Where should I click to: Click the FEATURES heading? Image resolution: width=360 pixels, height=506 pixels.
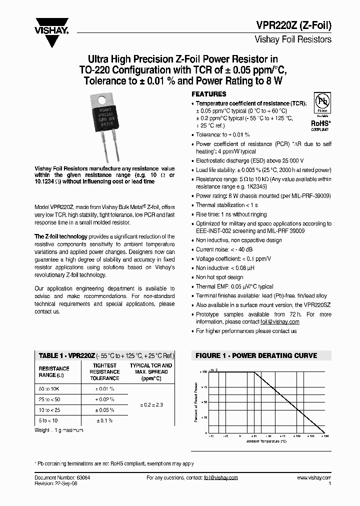pos(209,94)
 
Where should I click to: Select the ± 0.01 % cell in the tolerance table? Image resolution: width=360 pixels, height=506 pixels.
pos(105,388)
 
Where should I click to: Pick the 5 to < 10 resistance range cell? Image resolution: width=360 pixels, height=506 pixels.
pos(48,420)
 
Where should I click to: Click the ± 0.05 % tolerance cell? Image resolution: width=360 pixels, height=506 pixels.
pos(105,410)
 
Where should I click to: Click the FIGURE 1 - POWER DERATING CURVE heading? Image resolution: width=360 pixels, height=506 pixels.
pos(256,355)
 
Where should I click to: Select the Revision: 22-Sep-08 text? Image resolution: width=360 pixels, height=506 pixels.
pos(55,484)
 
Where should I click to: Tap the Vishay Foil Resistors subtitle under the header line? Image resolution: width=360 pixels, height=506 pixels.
pos(293,39)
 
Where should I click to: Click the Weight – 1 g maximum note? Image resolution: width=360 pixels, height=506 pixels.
pos(58,430)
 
